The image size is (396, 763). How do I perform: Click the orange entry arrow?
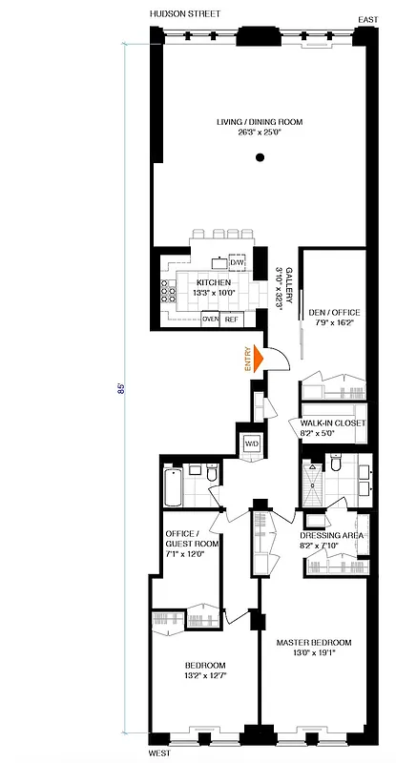click(259, 360)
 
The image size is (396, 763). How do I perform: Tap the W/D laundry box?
click(252, 443)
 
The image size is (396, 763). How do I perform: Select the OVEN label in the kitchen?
click(210, 320)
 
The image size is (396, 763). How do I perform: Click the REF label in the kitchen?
click(231, 320)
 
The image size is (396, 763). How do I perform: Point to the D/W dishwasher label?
click(237, 262)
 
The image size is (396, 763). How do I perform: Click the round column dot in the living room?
click(259, 156)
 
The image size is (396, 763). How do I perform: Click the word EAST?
click(367, 19)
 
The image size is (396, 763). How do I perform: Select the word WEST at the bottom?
click(160, 753)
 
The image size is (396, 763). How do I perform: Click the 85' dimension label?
click(122, 389)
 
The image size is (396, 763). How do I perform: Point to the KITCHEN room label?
click(212, 283)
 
